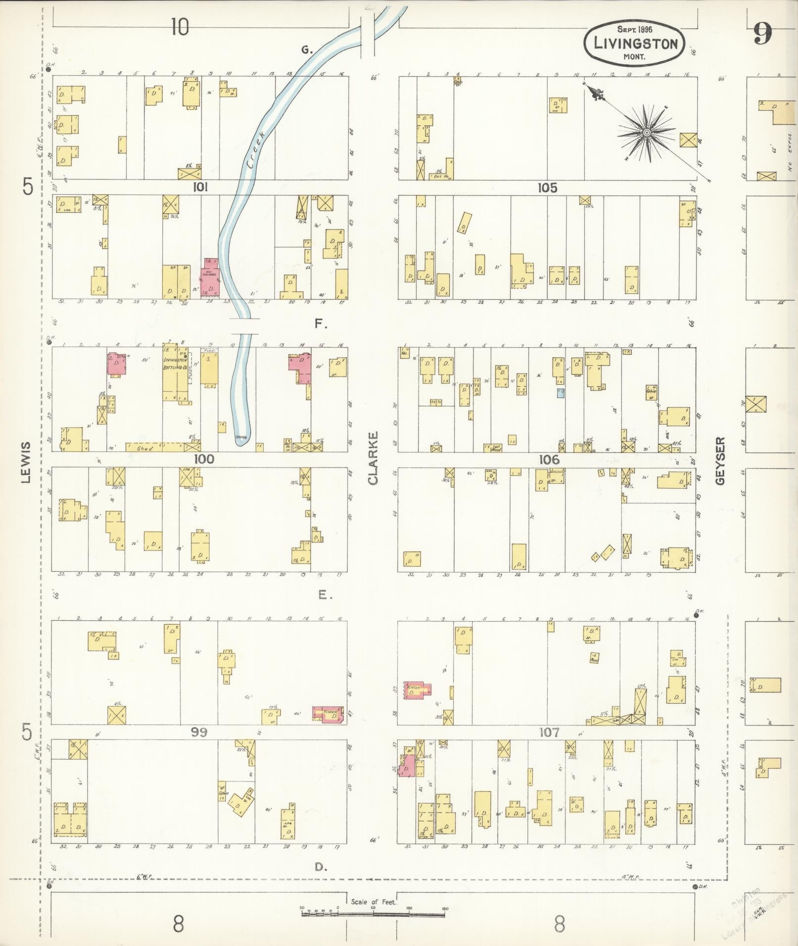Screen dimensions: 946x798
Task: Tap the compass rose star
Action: [646, 133]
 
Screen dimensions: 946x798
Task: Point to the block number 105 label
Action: [548, 188]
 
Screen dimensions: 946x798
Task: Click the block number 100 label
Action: [204, 459]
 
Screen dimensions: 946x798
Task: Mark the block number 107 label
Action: [549, 733]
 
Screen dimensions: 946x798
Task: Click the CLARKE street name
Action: [373, 458]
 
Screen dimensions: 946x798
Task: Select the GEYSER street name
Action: [720, 460]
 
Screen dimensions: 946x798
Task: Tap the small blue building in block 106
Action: [561, 393]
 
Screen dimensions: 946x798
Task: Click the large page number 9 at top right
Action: [762, 34]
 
